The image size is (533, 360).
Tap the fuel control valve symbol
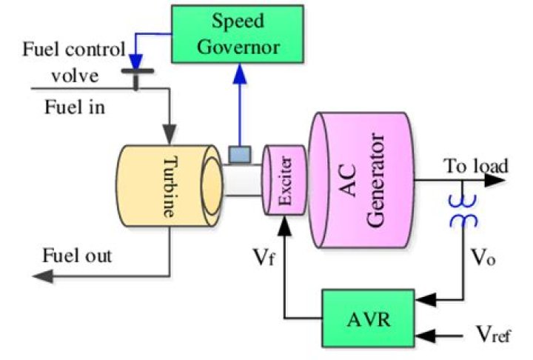[x=137, y=74]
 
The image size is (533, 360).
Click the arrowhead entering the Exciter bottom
[x=284, y=223]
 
